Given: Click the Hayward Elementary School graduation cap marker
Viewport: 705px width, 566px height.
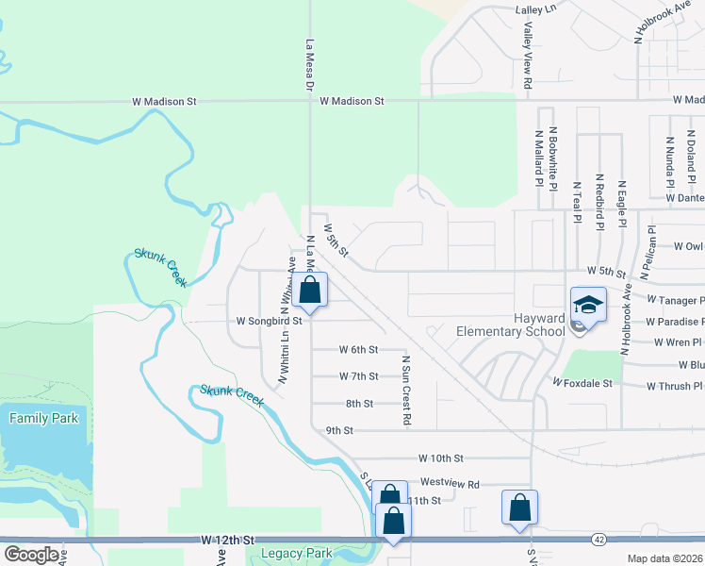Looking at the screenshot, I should pos(589,306).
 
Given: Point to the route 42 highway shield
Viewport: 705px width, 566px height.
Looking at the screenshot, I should pos(599,539).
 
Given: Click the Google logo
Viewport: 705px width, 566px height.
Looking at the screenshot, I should pos(31,555).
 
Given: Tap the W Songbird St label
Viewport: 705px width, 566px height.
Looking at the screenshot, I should pos(269,321).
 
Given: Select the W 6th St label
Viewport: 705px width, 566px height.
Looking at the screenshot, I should pos(358,349).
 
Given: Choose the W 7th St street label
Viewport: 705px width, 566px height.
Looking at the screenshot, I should pos(358,376).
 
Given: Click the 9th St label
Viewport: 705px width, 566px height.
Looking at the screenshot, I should pos(338,430).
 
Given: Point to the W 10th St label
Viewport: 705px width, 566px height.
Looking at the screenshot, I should pos(442,458).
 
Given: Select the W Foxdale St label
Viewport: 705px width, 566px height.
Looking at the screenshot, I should pos(582,384).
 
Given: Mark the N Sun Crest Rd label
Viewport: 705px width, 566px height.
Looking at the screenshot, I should pos(406,389).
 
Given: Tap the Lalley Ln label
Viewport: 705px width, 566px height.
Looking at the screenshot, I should pos(536,9).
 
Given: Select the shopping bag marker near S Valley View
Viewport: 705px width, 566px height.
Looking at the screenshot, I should pos(519,508).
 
